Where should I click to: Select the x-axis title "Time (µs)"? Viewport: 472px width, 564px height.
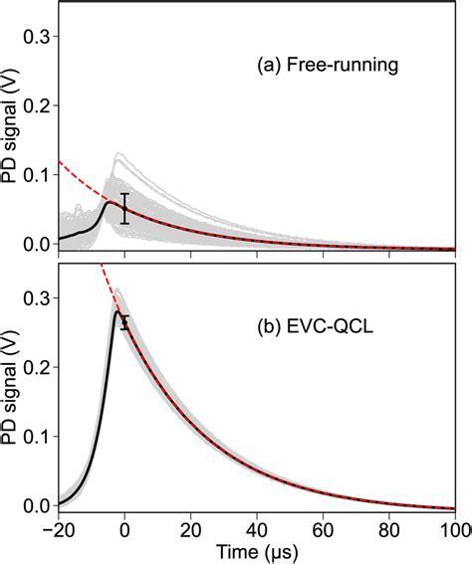(257, 550)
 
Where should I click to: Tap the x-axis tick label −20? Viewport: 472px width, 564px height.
(58, 527)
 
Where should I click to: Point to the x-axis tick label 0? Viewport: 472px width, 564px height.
(124, 527)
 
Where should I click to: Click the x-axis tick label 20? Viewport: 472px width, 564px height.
(191, 527)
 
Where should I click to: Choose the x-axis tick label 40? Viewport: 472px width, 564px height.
(257, 527)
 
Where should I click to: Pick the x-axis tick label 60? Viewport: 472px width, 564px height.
(324, 527)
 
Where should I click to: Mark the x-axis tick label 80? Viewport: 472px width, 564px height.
(389, 527)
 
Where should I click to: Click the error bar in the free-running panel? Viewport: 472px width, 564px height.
(124, 208)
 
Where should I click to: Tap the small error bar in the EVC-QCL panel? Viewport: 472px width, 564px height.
(124, 321)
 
